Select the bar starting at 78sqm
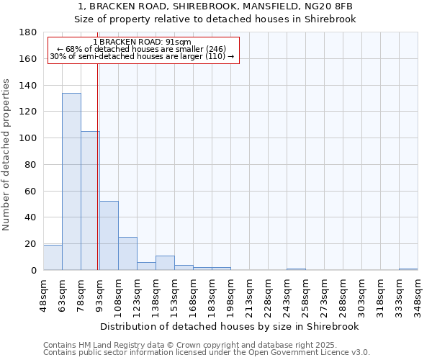pyautogui.click(x=90, y=201)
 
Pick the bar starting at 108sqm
pyautogui.click(x=127, y=253)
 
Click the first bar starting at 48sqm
pyautogui.click(x=53, y=258)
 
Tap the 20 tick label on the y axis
pyautogui.click(x=32, y=244)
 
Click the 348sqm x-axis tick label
pyautogui.click(x=418, y=293)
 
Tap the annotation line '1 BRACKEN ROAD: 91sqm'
pyautogui.click(x=142, y=42)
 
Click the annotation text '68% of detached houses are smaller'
pyautogui.click(x=142, y=49)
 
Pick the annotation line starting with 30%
pyautogui.click(x=142, y=56)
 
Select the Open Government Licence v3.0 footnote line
pyautogui.click(x=207, y=353)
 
